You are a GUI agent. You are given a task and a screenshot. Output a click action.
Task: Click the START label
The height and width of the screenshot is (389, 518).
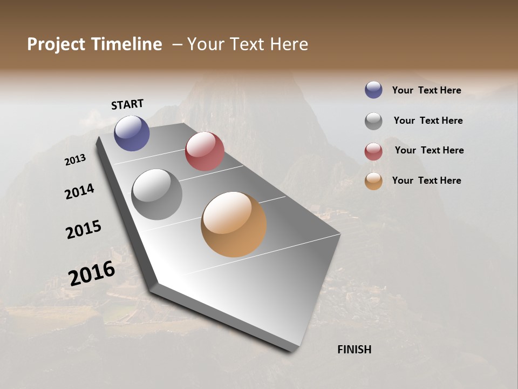click(x=127, y=104)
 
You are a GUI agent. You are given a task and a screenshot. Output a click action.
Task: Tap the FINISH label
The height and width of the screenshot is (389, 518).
click(x=354, y=350)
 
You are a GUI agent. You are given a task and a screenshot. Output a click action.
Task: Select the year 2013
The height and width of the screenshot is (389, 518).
click(x=76, y=160)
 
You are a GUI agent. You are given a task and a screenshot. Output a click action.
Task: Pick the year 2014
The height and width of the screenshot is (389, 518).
click(x=79, y=191)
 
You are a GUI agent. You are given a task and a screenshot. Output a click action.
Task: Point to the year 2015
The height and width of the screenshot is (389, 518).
click(x=84, y=230)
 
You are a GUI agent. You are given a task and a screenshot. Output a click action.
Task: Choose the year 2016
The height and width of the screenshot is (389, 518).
click(x=92, y=273)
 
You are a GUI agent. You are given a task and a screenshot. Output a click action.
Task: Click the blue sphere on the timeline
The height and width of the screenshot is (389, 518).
click(x=132, y=133)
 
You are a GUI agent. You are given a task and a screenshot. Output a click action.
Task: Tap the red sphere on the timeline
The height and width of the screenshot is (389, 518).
click(x=205, y=151)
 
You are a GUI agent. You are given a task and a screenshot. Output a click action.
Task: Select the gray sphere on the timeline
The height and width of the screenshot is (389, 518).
click(x=156, y=194)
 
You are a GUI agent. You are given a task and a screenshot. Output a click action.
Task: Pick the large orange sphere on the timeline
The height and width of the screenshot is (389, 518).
click(x=234, y=224)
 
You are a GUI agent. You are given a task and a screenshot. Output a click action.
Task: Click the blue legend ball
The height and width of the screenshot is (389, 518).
click(x=373, y=90)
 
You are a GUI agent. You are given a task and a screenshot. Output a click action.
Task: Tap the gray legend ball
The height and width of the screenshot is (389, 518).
click(x=373, y=121)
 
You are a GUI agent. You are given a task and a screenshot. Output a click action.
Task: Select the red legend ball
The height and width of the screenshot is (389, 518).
click(x=373, y=151)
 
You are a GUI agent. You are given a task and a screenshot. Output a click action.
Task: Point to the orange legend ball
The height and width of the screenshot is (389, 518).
click(x=373, y=181)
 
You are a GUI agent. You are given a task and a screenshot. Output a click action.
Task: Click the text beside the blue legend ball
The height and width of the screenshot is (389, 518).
click(x=426, y=90)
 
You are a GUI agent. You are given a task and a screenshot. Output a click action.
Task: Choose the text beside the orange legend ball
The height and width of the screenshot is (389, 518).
click(x=426, y=180)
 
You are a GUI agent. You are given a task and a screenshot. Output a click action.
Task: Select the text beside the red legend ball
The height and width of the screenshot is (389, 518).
click(x=429, y=150)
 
